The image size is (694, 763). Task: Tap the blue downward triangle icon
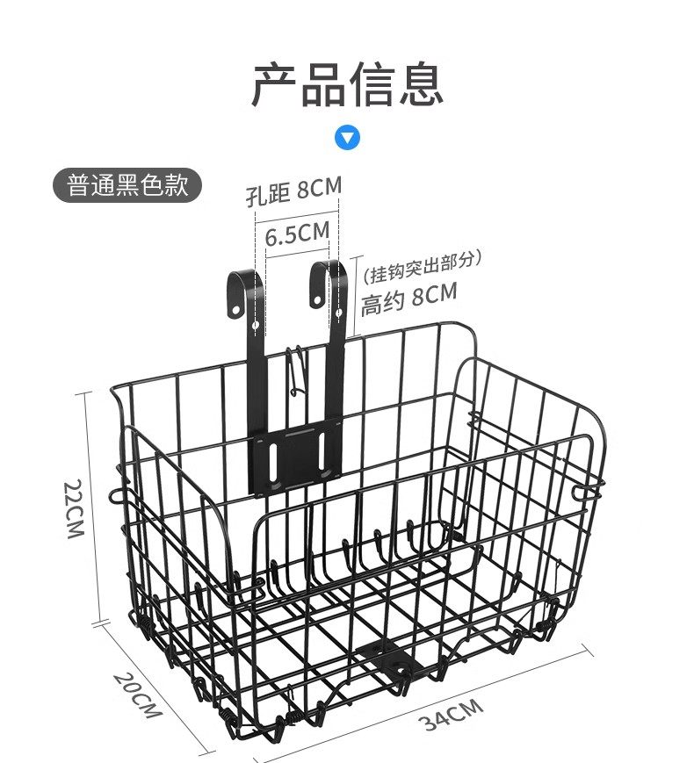(349, 138)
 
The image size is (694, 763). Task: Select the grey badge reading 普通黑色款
(127, 186)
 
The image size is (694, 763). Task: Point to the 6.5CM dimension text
(297, 234)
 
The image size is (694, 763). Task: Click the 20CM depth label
(136, 693)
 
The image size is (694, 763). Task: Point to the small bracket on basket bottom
(383, 658)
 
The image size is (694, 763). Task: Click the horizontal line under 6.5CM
(297, 256)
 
